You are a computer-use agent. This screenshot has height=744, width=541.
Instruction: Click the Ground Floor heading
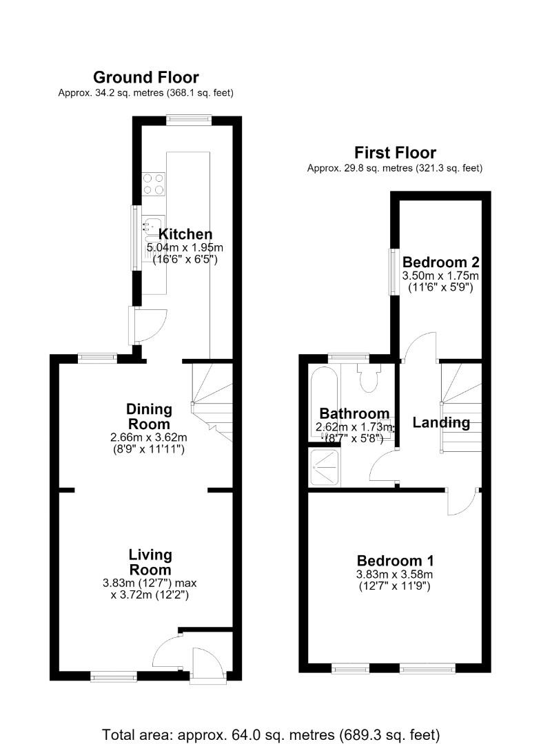coord(145,77)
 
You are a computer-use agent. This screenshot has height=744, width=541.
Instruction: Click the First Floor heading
coord(395,153)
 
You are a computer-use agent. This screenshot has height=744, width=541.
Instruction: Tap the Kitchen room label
coord(185,234)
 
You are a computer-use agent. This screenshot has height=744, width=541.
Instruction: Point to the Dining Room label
coord(149,417)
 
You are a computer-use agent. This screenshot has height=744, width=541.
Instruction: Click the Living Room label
coord(150,562)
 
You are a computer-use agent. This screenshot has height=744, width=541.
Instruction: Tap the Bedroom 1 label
coord(396,561)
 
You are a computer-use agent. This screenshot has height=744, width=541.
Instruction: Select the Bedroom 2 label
coord(441,262)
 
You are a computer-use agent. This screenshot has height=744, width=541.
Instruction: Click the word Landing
coord(441,422)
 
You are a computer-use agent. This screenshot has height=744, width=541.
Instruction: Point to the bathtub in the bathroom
coord(325,403)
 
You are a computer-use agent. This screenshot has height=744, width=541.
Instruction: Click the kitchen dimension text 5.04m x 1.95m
coord(185,248)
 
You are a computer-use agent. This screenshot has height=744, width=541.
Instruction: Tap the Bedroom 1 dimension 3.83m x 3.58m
coord(395,575)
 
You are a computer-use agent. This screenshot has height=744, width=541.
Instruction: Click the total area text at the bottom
coord(271,734)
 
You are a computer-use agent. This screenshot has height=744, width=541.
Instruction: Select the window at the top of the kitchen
coord(188,121)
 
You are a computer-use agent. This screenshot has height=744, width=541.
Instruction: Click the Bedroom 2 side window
coord(394,271)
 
